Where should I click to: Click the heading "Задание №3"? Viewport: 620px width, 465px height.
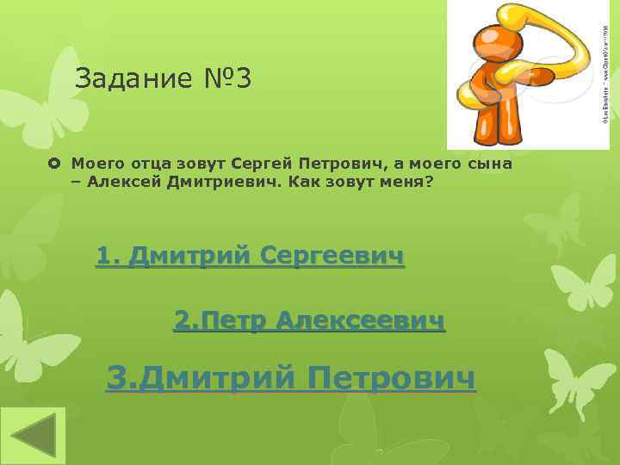point(164,79)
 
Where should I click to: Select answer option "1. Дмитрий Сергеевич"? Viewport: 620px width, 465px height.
point(250,256)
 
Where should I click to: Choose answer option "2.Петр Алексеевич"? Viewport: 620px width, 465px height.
point(310,321)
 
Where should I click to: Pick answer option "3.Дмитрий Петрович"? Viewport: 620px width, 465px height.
point(290,376)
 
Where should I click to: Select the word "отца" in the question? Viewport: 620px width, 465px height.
point(137,163)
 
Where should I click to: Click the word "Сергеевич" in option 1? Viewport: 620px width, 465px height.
point(332,256)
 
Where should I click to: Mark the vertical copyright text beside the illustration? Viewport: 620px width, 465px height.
point(604,73)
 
